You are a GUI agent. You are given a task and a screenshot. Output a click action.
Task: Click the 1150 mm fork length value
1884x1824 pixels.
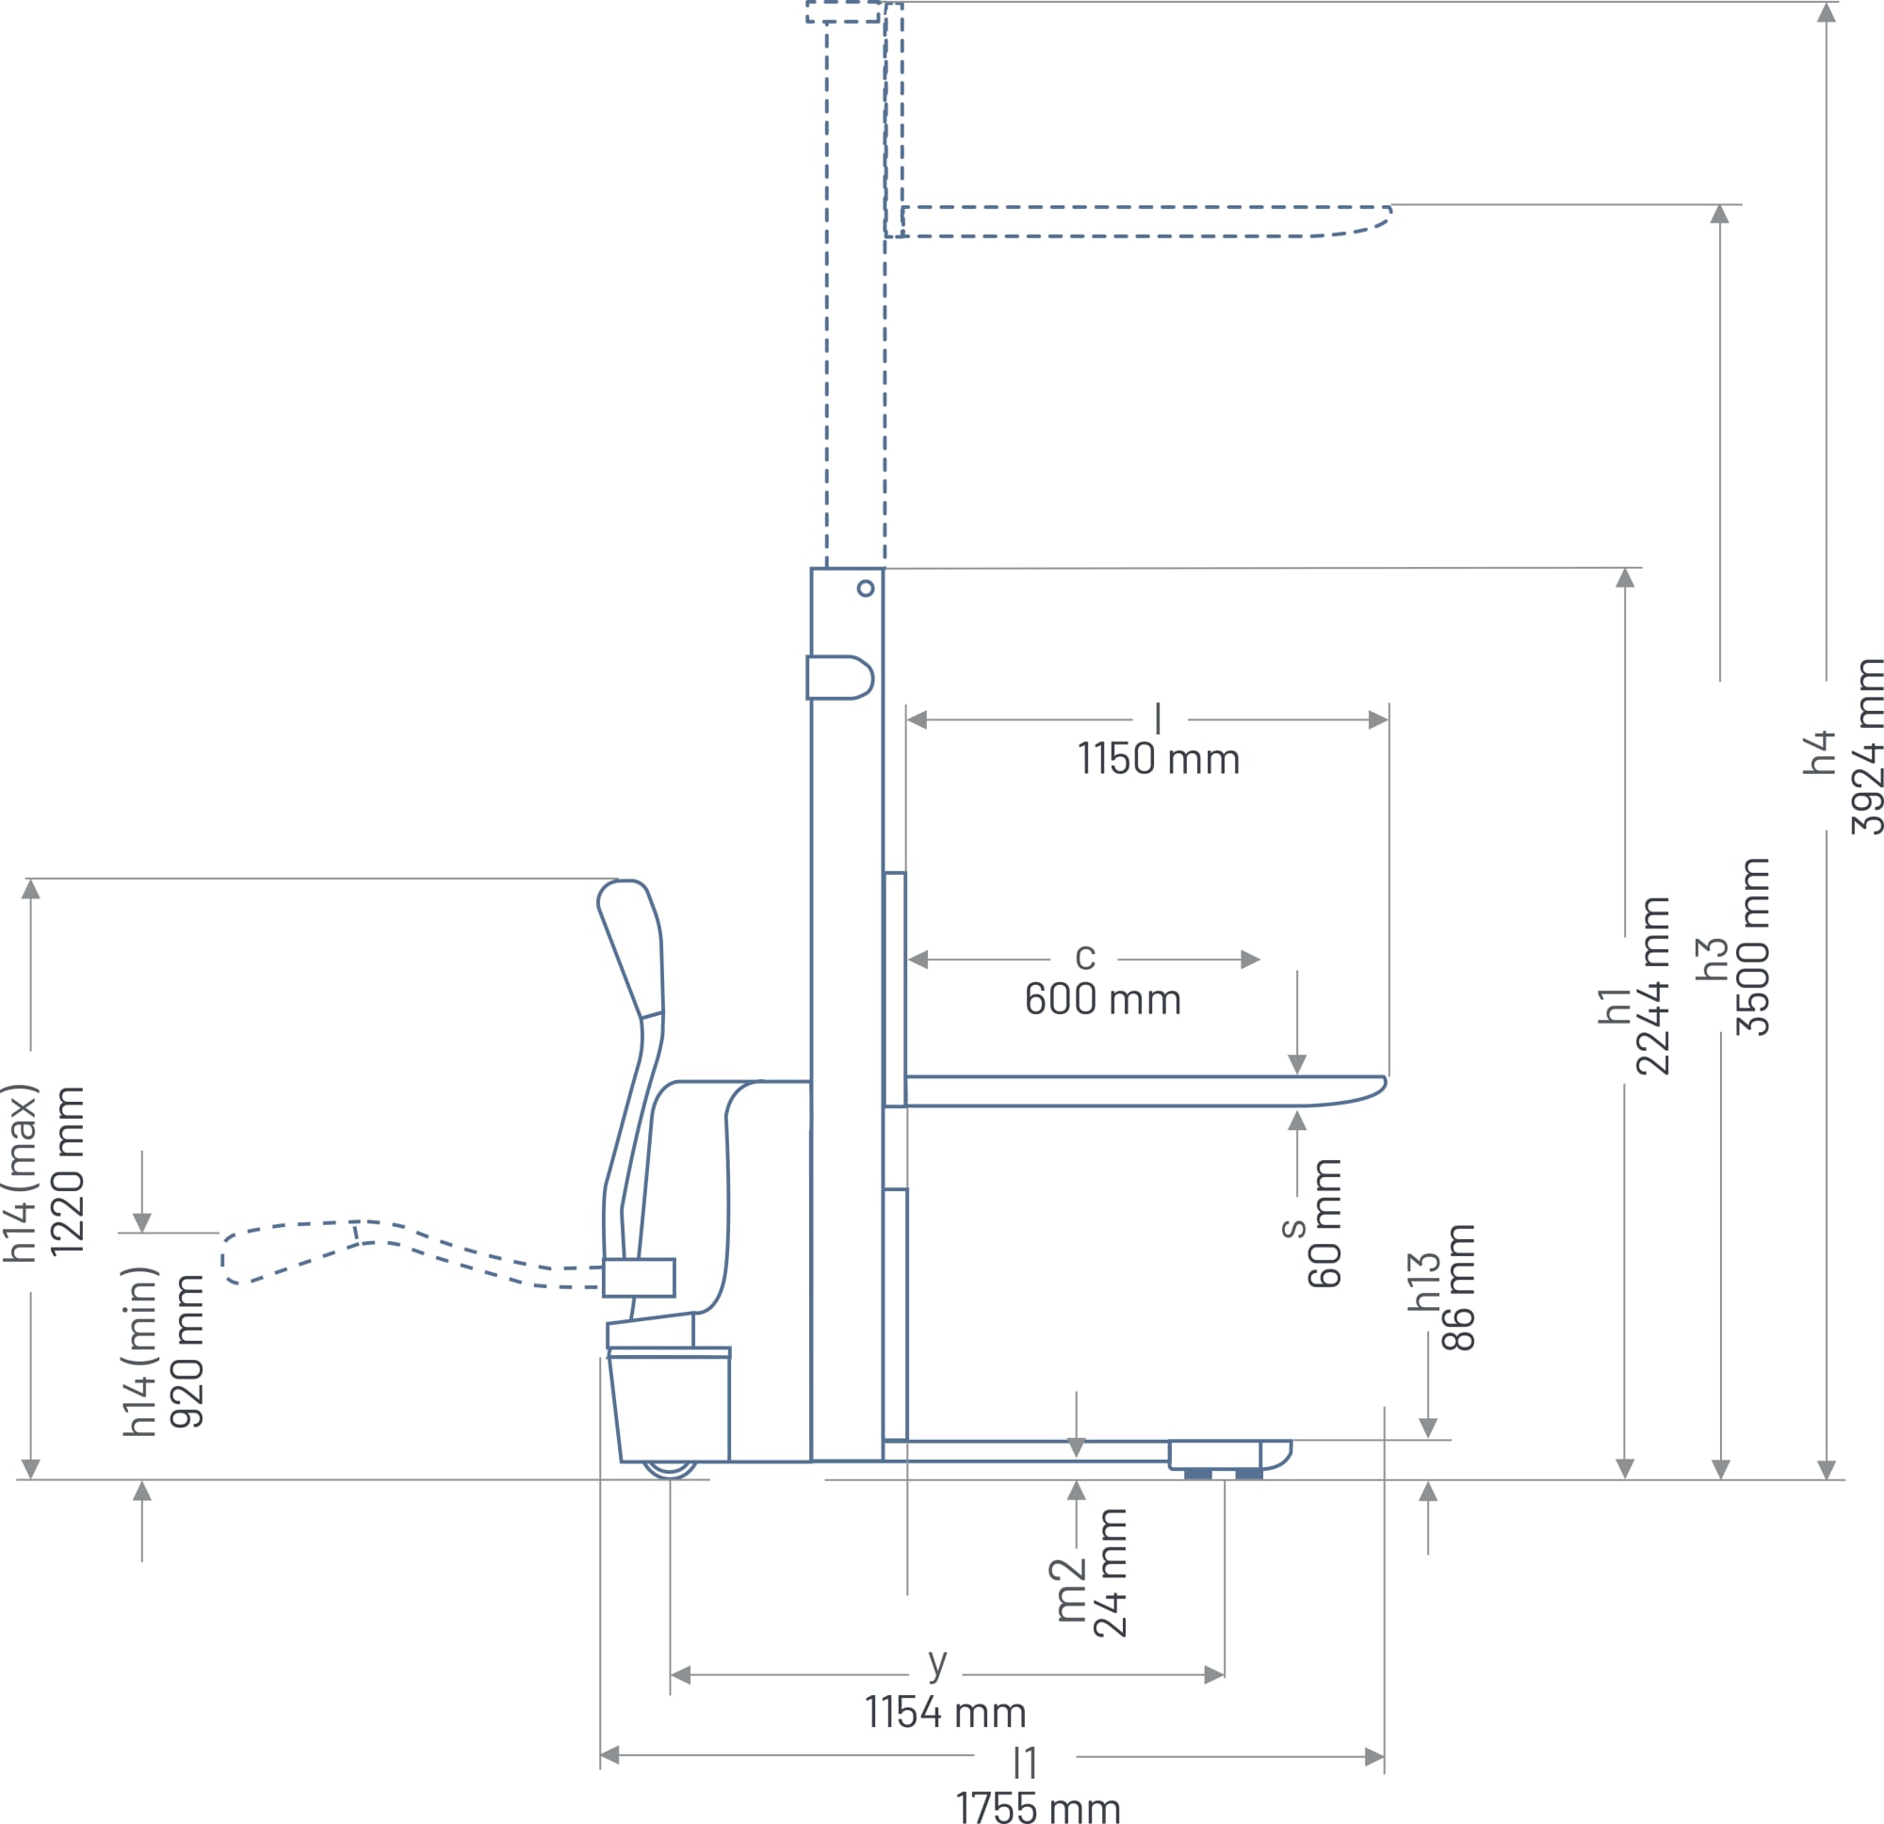coord(1159,759)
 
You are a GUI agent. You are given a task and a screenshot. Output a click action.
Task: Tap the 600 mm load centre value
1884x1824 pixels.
coord(1102,999)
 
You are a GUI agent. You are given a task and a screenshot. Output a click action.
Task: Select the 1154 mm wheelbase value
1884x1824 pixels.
coord(946,1713)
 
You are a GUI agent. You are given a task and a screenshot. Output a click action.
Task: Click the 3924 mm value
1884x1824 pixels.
coord(1867,747)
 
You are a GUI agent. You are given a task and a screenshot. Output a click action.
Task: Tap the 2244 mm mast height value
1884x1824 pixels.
coord(1651,986)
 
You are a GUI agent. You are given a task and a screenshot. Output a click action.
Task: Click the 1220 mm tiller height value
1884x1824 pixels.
coord(67,1171)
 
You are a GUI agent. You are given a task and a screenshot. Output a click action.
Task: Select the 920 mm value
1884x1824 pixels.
coord(187,1350)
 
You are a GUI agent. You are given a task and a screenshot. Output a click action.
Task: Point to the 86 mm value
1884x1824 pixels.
coord(1457,1288)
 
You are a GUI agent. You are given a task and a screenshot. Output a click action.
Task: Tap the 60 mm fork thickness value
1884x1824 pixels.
coord(1324,1222)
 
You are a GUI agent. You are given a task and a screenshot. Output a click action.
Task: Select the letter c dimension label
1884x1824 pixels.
coord(1085,956)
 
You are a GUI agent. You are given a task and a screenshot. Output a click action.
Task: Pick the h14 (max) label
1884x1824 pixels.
coord(20,1172)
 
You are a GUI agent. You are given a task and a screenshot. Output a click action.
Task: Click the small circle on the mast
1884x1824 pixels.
coord(865,589)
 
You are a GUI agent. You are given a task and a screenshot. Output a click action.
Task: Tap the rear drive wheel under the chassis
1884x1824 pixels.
coord(669,1470)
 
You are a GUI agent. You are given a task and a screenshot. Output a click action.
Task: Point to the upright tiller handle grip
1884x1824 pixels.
coord(630,947)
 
